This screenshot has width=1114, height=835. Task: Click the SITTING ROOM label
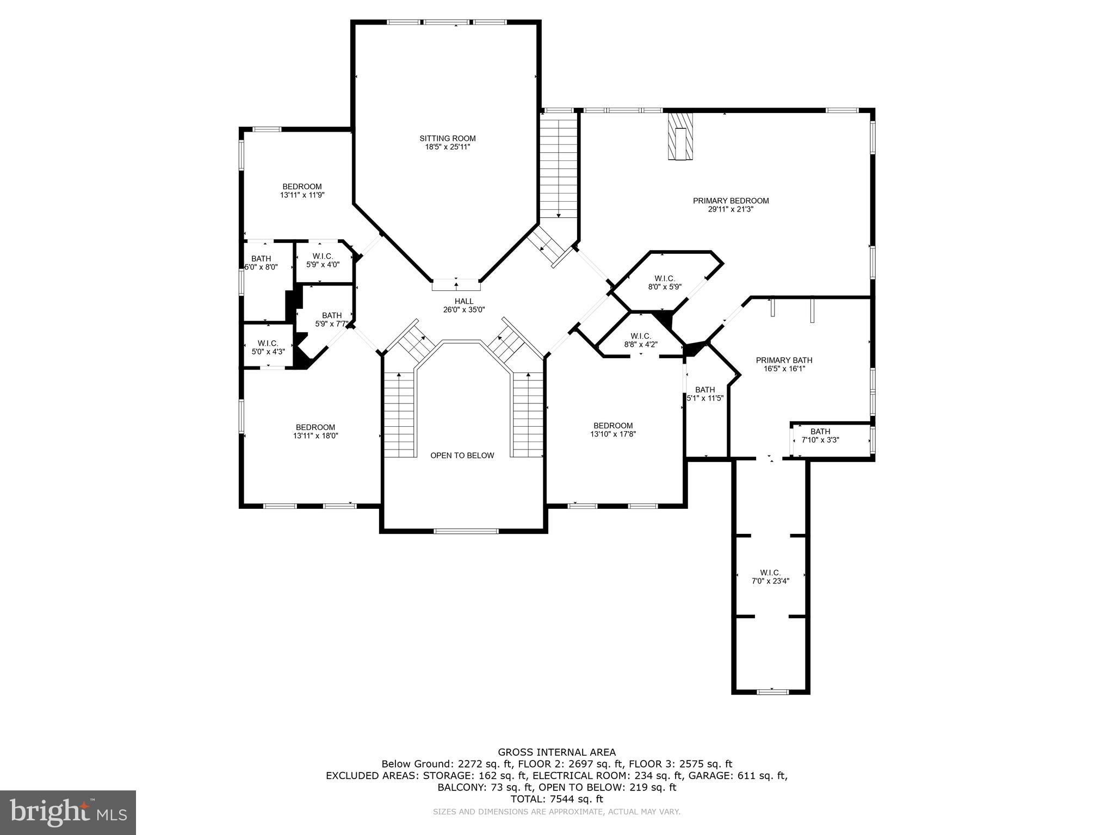click(447, 138)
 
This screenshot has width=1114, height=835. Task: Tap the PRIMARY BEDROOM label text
click(731, 201)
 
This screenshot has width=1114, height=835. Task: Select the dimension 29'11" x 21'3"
click(731, 209)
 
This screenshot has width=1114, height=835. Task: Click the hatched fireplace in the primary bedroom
click(680, 136)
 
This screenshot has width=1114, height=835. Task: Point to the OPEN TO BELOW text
click(462, 456)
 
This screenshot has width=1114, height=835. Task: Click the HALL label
click(463, 301)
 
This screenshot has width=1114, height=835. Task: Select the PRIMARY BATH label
click(784, 360)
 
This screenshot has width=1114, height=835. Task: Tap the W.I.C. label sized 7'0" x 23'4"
click(770, 572)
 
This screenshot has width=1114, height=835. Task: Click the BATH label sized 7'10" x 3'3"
click(820, 432)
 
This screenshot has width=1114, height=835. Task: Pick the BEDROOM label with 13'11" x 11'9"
click(302, 186)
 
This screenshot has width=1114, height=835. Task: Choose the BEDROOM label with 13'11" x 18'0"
click(315, 427)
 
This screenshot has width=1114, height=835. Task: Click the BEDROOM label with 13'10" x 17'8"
click(613, 426)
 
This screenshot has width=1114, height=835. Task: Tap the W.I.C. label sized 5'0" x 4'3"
click(268, 344)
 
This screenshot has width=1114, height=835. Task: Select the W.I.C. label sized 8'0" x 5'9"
click(665, 278)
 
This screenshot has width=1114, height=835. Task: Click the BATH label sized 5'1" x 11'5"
click(704, 390)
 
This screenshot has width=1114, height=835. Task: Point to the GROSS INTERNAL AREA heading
click(556, 752)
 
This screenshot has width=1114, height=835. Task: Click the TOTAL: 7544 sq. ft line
click(556, 799)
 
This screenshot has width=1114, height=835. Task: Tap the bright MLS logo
click(68, 812)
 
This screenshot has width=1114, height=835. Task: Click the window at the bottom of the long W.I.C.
click(772, 691)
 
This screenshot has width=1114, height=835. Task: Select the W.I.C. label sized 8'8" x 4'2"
click(641, 336)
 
